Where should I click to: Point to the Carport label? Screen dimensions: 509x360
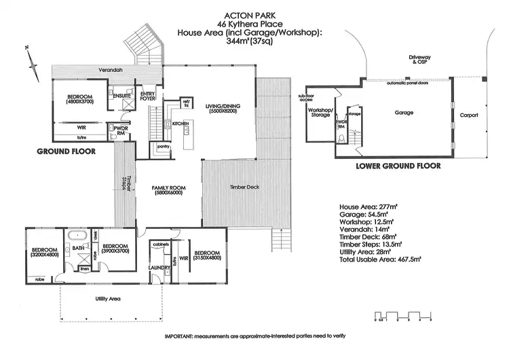(468, 115)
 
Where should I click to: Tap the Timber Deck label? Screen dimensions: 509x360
(245, 187)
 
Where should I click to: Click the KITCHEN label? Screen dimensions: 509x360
(180, 124)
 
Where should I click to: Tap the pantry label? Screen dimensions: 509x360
(162, 146)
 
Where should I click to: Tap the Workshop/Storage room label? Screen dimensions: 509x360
(319, 113)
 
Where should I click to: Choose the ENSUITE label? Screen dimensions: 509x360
(122, 95)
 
